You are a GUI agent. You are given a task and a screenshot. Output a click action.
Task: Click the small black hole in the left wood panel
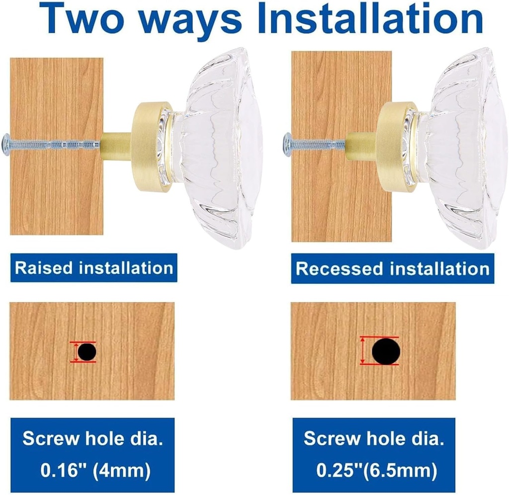(86, 352)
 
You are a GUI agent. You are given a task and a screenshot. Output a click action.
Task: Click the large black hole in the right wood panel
(386, 351)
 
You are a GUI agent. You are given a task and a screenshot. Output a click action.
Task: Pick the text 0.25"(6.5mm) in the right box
(377, 470)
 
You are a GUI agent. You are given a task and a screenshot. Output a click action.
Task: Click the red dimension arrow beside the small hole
(76, 352)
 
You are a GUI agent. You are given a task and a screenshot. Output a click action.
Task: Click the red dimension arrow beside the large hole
(362, 351)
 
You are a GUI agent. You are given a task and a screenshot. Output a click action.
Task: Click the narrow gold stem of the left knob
(117, 146)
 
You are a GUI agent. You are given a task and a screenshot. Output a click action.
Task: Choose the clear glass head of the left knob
(218, 149)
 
